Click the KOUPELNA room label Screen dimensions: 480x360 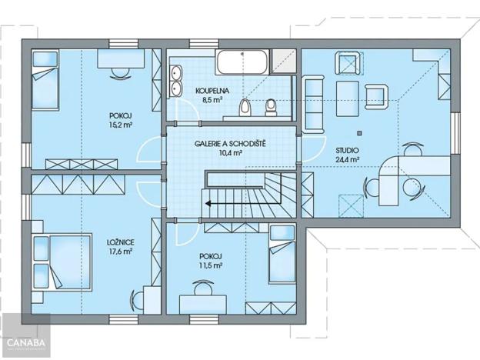pos(212,91)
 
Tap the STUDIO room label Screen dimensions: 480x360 pos(347,150)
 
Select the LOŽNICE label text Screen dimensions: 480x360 pos(120,242)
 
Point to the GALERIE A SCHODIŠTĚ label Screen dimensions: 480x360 pos(230,144)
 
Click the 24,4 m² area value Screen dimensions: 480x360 pos(347,159)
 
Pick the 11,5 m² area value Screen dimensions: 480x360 pos(211,265)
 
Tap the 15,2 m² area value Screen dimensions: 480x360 pos(120,125)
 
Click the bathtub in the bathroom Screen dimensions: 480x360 pos(242,62)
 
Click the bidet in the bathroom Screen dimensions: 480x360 pos(271,108)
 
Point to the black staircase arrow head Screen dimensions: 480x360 pos(208,203)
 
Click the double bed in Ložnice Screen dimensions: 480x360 pos(62,262)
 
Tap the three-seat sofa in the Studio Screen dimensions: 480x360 pos(313,105)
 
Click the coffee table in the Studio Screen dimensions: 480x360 pos(348,98)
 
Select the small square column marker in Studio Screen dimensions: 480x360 pos(359,133)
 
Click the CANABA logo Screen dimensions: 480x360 pos(26,342)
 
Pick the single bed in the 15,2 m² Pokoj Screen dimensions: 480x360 pos(45,79)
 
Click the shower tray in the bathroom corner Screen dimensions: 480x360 pos(284,62)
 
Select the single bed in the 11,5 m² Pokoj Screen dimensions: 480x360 pos(282,254)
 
